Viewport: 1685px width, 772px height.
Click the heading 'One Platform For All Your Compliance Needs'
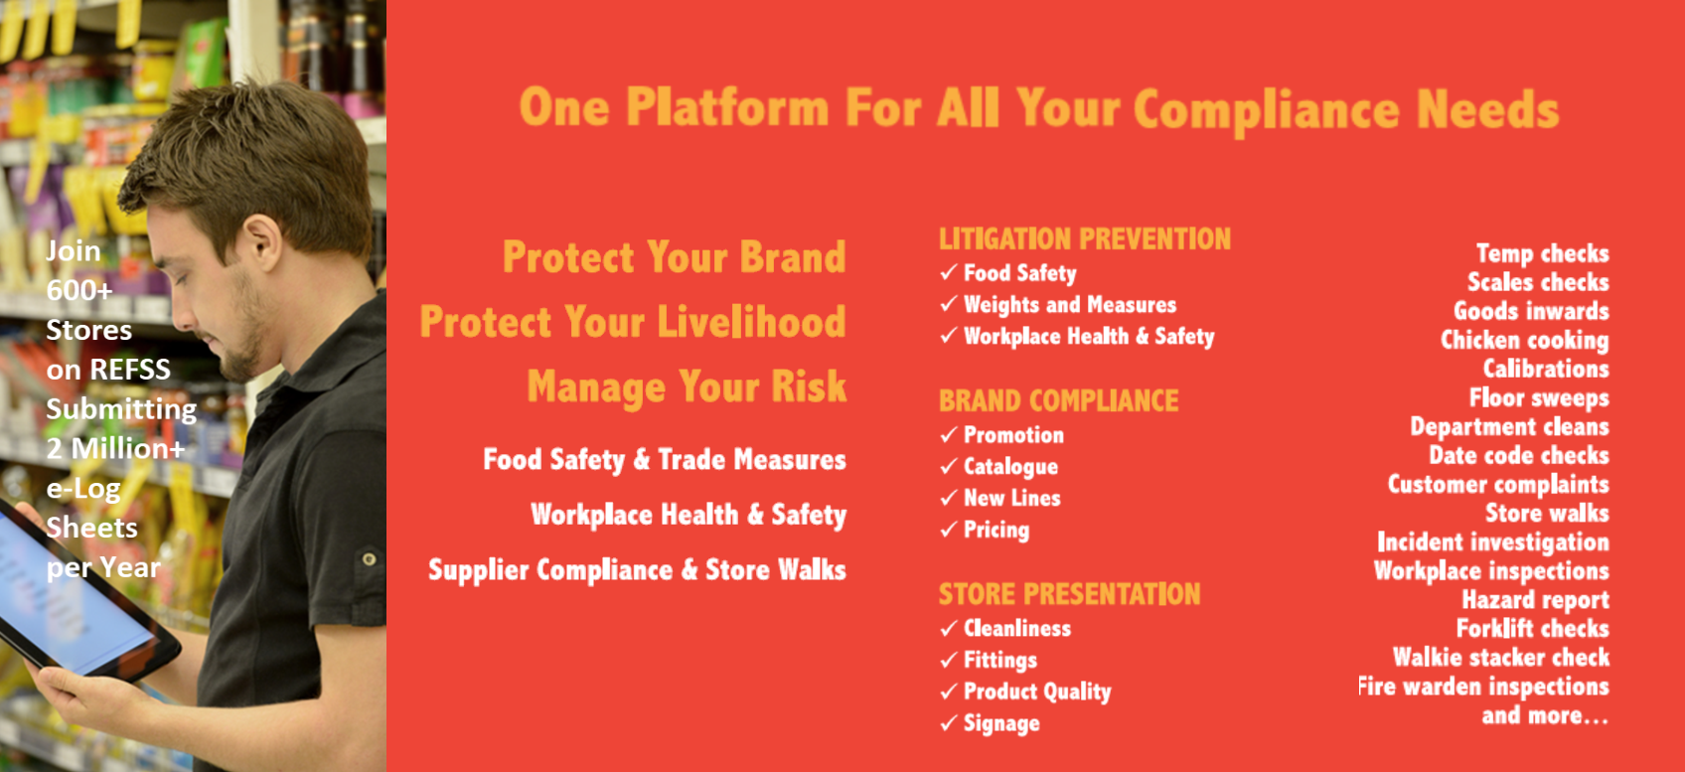(x=1039, y=110)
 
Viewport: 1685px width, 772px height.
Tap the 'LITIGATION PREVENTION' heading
(x=1085, y=239)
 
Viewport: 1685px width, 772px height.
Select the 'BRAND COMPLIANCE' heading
(x=1058, y=401)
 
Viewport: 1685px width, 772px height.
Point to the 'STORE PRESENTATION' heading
(x=1069, y=594)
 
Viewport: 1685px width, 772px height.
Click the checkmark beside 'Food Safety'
(x=950, y=272)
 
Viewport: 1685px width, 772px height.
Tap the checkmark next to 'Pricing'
(x=950, y=530)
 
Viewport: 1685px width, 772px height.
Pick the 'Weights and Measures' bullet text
(x=1070, y=305)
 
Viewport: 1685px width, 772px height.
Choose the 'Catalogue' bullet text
(x=1011, y=467)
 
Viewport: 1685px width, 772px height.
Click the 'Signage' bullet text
(x=1002, y=724)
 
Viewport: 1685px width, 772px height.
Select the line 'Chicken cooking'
(x=1525, y=340)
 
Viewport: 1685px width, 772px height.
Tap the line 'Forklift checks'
(x=1532, y=628)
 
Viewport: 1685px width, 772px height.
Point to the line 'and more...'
(x=1545, y=715)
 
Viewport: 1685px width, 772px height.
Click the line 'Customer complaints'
(x=1498, y=485)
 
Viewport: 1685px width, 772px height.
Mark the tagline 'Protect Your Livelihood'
(x=633, y=322)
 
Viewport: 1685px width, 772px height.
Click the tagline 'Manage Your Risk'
(x=687, y=386)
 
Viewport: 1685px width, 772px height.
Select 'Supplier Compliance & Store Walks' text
(x=637, y=570)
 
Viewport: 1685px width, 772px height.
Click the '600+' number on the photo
(x=79, y=290)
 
